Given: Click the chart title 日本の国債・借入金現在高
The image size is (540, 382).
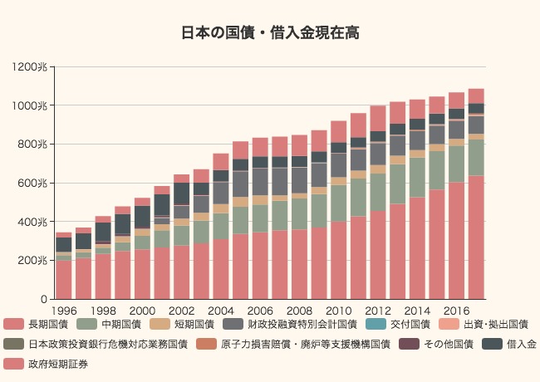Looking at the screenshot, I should point(270,33).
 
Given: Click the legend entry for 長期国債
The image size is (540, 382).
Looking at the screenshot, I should point(37,324).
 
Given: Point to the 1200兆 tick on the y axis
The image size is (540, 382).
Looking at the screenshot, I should point(32,67).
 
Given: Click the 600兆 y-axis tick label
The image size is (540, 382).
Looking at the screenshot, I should point(35,183).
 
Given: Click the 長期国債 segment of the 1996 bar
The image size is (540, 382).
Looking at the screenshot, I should point(63,279).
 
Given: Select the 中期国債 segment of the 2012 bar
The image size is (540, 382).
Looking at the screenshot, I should point(378,192).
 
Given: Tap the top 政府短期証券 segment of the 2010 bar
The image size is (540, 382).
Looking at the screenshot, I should point(339,131).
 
